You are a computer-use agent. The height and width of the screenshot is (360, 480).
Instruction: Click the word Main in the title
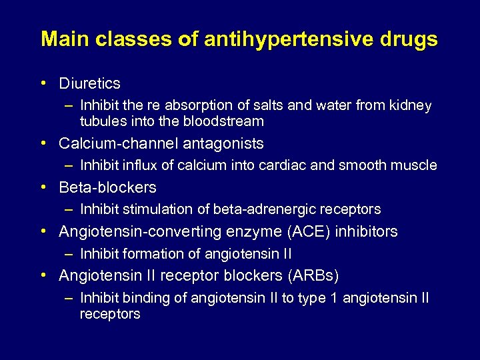(x=65, y=39)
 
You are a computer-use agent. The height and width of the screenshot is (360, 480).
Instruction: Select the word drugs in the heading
(x=408, y=39)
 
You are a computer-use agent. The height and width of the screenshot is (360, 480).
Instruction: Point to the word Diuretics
(x=89, y=83)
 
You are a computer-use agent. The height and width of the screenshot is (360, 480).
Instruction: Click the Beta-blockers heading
(x=107, y=187)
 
